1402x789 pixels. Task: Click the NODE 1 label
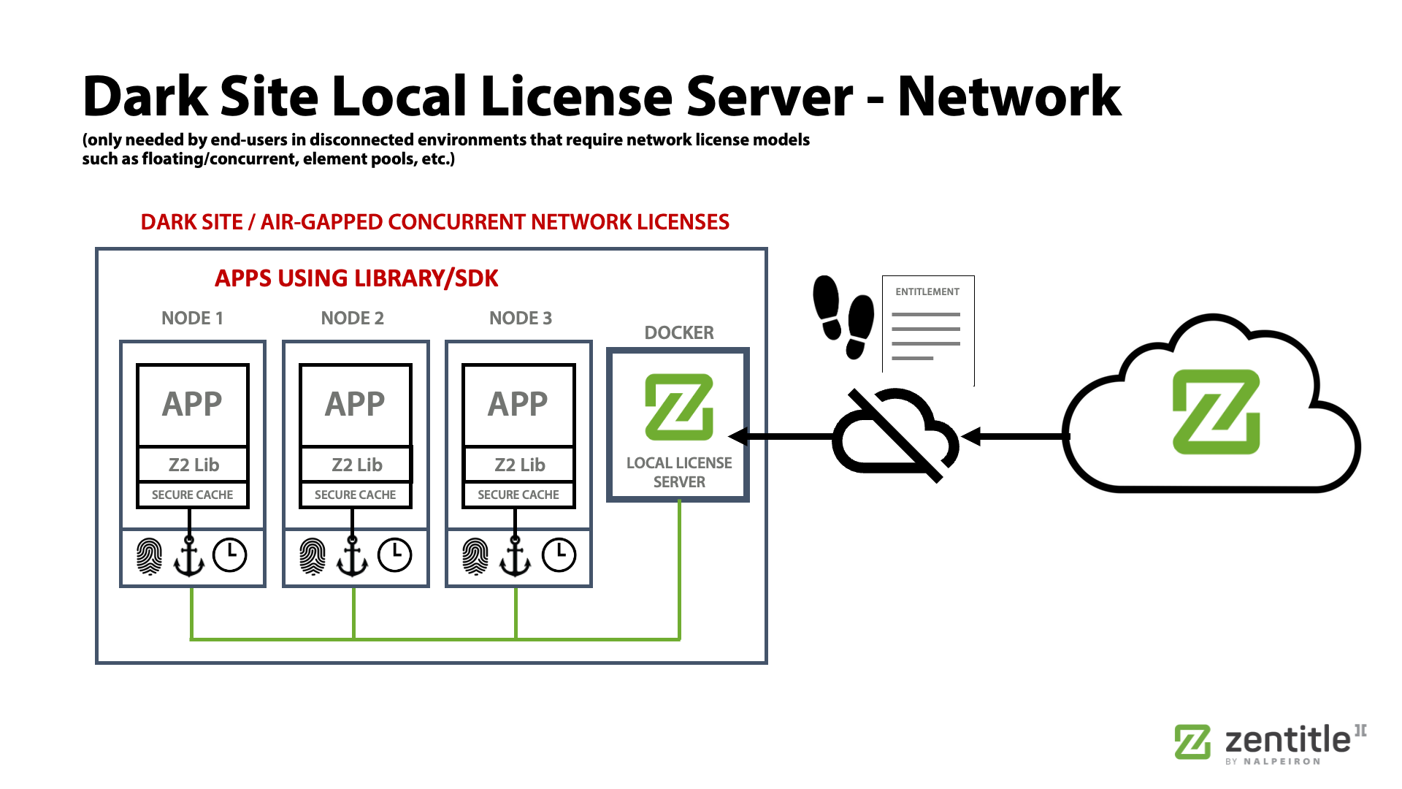point(192,318)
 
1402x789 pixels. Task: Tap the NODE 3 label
point(521,318)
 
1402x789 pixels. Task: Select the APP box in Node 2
point(356,405)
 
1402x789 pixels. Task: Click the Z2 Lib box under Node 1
point(193,465)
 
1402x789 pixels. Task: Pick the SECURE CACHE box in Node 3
point(518,495)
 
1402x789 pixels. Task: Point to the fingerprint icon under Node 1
point(150,556)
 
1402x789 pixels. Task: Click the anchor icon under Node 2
point(353,556)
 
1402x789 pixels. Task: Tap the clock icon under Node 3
point(559,555)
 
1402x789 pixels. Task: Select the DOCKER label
point(679,332)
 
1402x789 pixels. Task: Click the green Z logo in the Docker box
point(679,407)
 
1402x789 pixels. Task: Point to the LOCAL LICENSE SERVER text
point(679,472)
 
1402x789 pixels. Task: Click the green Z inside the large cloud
point(1217,412)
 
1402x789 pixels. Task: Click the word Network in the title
point(1009,96)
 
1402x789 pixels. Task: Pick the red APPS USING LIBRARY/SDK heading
point(356,278)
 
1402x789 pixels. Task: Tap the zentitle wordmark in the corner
point(1288,740)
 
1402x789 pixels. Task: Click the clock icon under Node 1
point(230,555)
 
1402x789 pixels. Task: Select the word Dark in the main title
point(145,96)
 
